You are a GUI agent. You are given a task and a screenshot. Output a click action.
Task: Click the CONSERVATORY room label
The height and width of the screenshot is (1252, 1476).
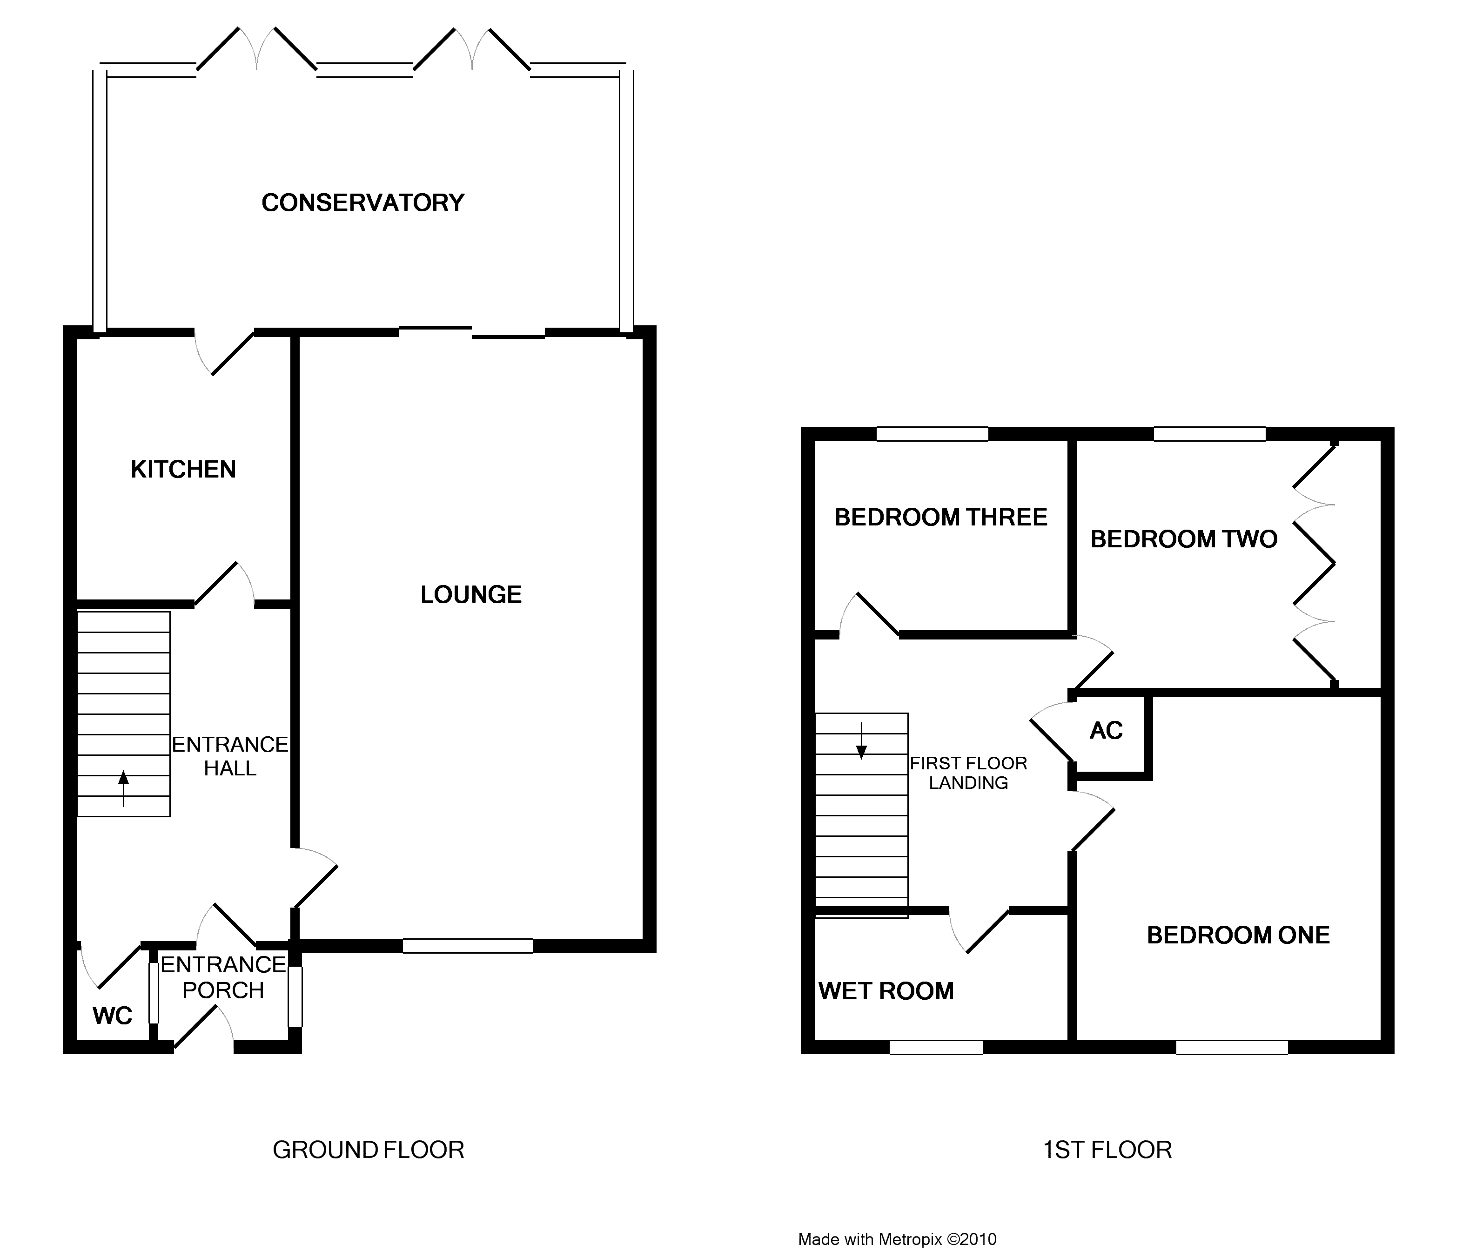362,203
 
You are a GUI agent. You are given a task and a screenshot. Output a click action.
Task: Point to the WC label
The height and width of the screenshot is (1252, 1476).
112,1016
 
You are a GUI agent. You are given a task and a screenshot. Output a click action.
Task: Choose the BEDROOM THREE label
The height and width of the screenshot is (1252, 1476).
941,518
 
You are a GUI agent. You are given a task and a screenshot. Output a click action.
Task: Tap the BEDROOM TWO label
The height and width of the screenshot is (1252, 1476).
1184,539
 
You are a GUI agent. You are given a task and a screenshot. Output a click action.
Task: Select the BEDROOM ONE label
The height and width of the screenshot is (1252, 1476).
1238,936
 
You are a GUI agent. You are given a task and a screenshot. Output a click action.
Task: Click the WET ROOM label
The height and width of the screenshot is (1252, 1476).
886,991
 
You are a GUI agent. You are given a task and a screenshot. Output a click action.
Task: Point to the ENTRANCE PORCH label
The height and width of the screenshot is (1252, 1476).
223,977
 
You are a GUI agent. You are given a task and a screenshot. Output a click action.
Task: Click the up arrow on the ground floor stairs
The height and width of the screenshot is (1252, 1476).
123,788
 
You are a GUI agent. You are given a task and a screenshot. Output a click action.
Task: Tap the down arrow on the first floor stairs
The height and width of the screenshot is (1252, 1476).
861,741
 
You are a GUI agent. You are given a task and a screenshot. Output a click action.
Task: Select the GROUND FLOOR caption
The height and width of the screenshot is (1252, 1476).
368,1150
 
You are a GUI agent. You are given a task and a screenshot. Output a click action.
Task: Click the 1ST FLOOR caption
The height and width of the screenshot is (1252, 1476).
1107,1150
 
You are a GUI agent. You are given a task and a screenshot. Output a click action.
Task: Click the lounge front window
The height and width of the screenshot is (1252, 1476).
468,945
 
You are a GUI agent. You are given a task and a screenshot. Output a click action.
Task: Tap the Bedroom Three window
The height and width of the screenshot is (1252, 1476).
933,434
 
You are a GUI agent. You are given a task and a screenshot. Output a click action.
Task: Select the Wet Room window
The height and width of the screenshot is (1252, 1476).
936,1047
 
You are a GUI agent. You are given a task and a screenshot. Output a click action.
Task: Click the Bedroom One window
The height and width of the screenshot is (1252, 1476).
1232,1047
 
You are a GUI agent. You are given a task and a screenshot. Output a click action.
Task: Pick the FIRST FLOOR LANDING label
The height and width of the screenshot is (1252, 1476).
969,773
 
